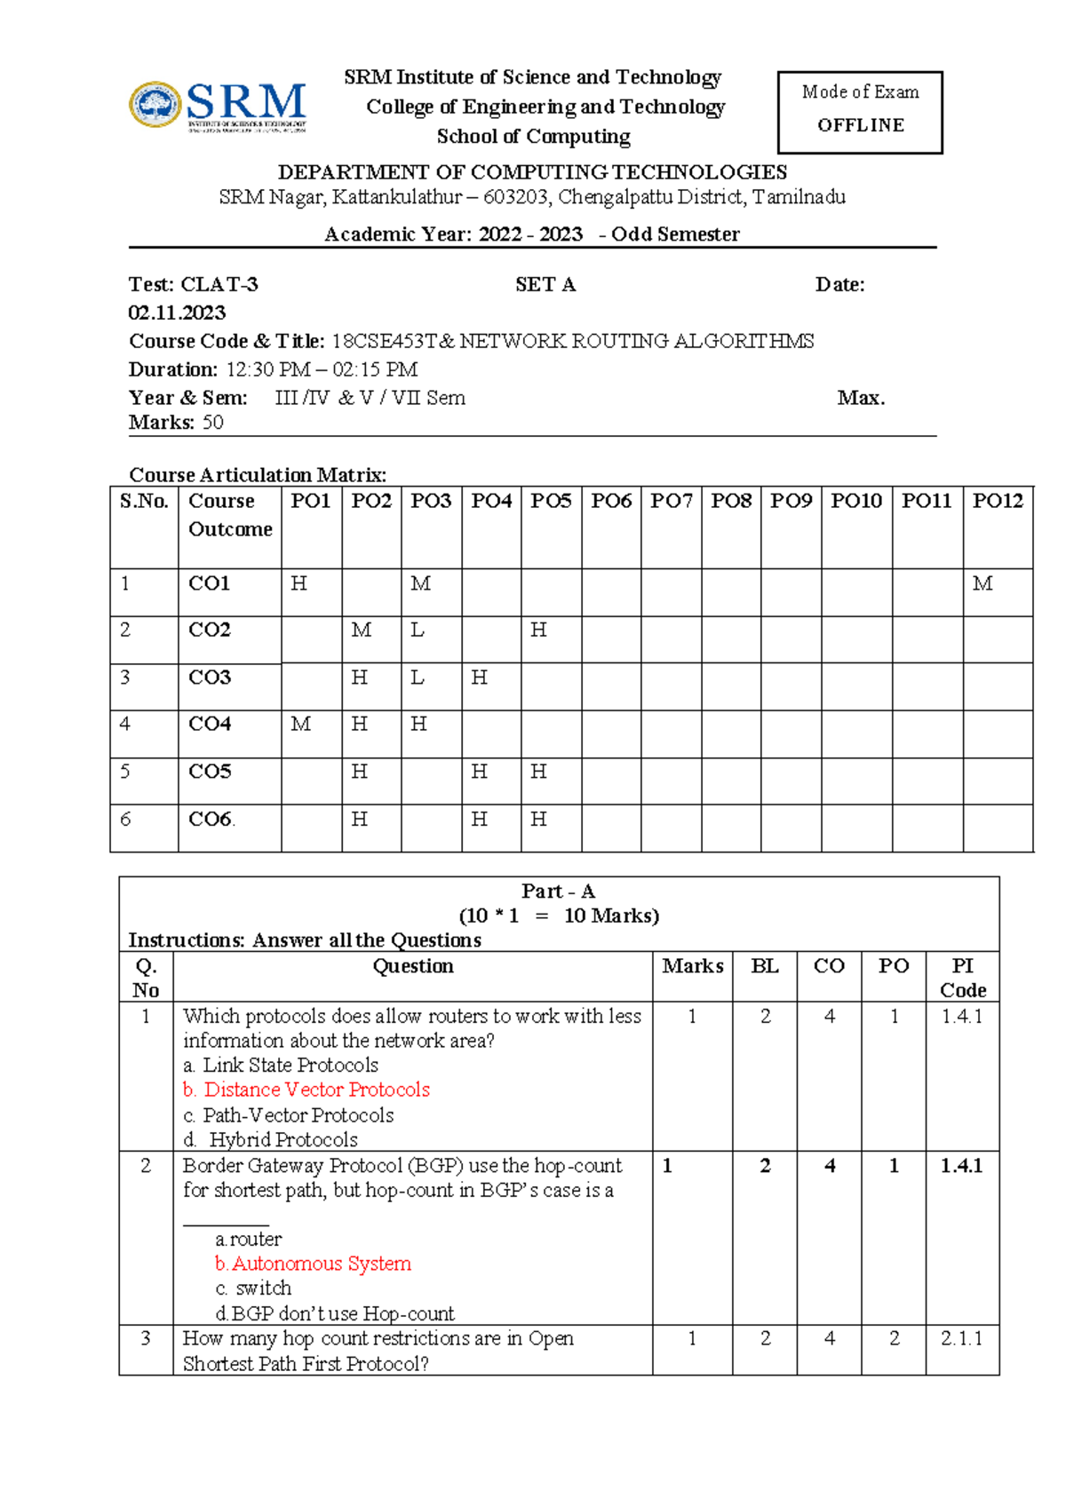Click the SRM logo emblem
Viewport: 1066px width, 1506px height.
156,105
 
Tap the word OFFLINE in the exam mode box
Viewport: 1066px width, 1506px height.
860,125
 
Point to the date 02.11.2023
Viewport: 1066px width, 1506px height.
177,313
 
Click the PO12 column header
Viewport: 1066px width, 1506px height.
997,501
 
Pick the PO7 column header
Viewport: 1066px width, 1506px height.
671,501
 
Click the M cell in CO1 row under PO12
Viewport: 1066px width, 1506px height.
982,583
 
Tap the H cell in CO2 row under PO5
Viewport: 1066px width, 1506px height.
538,630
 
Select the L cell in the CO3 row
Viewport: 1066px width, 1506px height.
417,678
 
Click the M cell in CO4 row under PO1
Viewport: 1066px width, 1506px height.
301,725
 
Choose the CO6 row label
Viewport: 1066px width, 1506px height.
211,819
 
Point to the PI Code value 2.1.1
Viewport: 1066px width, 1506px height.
961,1338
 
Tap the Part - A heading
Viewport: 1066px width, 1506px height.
558,891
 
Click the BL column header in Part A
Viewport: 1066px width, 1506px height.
764,966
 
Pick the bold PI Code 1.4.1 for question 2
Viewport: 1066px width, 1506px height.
961,1166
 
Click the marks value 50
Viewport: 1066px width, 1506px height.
213,423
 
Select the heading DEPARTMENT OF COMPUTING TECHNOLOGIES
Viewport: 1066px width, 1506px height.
532,172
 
